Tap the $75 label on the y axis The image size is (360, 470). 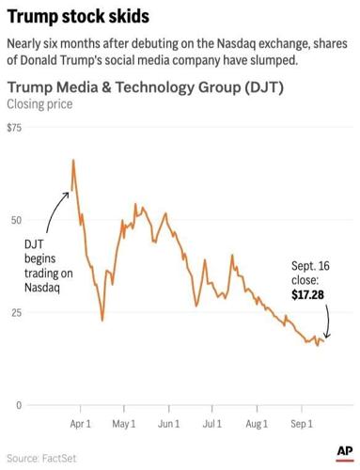tap(15, 128)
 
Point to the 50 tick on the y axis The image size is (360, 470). tap(14, 220)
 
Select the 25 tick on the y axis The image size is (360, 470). tap(14, 312)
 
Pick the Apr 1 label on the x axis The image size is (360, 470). tap(81, 424)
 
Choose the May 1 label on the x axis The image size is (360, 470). tap(124, 424)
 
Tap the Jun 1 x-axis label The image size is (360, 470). tap(168, 424)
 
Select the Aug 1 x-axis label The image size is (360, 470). tap(257, 424)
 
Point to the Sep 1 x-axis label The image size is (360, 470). tap(301, 424)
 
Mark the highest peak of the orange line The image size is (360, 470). tap(73, 161)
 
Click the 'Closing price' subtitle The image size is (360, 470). tap(39, 104)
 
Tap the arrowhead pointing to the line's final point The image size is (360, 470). tap(325, 337)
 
